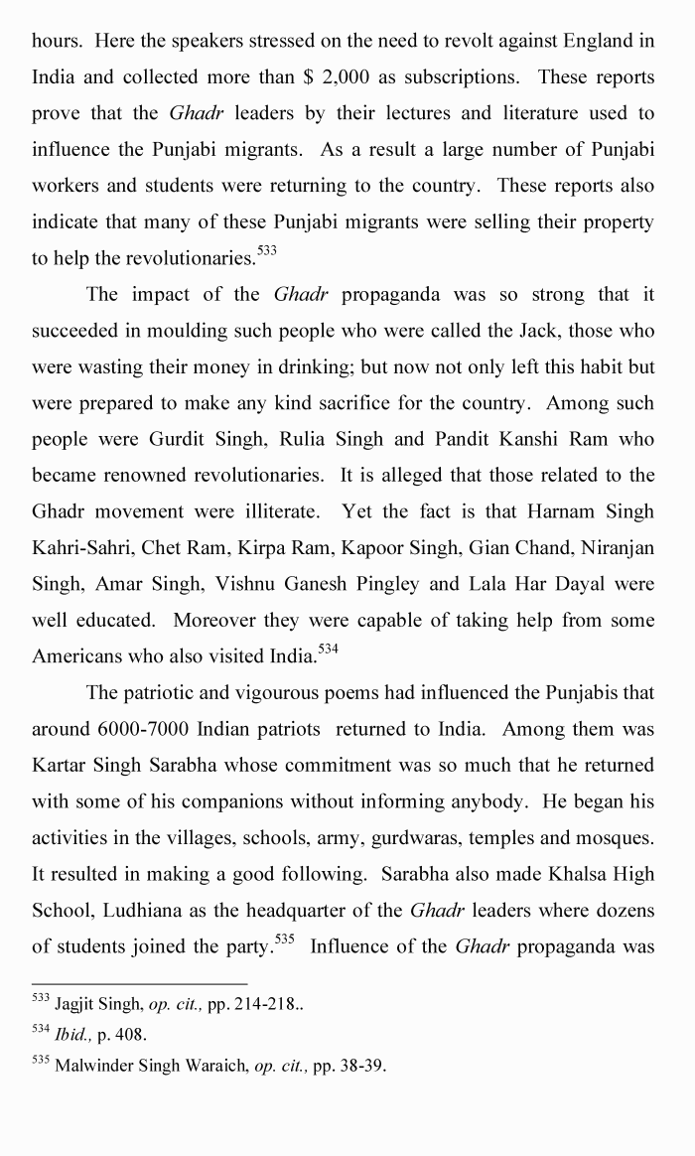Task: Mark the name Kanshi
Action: click(521, 439)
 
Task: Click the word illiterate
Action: click(279, 511)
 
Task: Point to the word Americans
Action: click(80, 656)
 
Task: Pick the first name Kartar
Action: click(62, 766)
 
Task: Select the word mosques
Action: click(615, 837)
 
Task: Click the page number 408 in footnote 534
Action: click(131, 1035)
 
